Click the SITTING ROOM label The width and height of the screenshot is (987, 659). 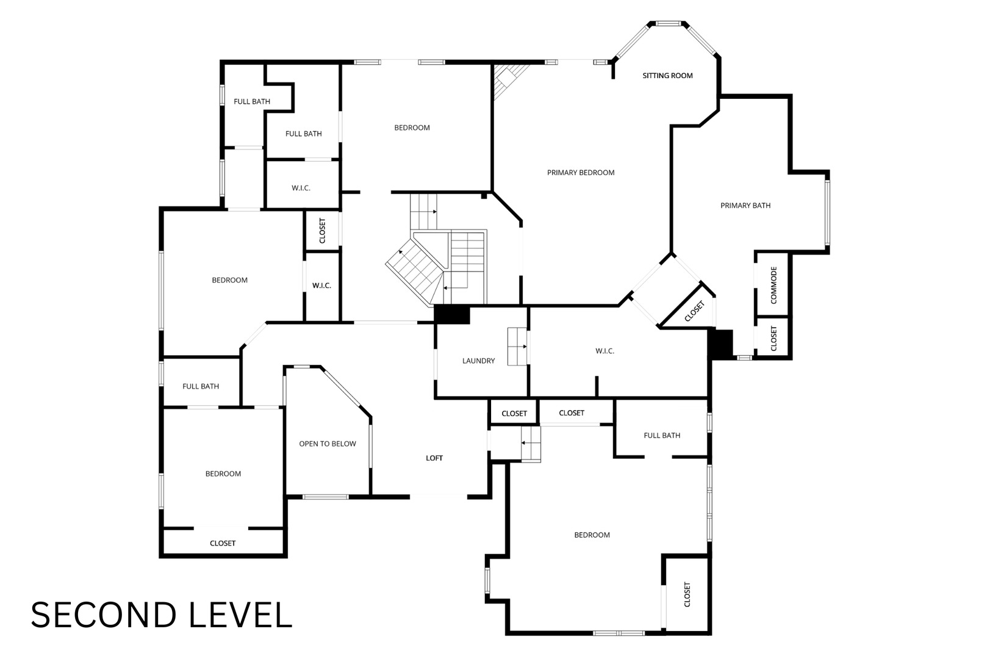(x=667, y=76)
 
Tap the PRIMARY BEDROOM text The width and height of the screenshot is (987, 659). (x=581, y=173)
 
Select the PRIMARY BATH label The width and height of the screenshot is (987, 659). (x=745, y=206)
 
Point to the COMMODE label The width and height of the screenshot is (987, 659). (x=773, y=285)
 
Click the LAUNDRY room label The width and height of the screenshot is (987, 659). (x=478, y=361)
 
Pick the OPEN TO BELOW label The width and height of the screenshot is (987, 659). (x=328, y=444)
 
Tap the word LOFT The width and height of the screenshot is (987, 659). (x=434, y=458)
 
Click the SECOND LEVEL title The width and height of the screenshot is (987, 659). (x=161, y=615)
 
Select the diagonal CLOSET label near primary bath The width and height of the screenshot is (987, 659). (x=695, y=311)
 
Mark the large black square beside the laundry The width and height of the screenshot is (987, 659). (x=452, y=315)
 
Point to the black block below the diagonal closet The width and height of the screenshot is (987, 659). (x=720, y=344)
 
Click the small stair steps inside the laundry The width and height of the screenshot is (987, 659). (x=517, y=347)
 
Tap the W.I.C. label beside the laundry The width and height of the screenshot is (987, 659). (x=605, y=351)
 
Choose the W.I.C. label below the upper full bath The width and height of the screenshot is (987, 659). (x=301, y=188)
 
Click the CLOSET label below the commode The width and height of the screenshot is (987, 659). (x=773, y=339)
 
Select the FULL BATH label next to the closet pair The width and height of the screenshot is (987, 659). (x=662, y=436)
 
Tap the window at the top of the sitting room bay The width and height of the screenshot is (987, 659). (x=669, y=24)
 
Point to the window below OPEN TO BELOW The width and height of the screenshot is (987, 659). (x=326, y=497)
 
